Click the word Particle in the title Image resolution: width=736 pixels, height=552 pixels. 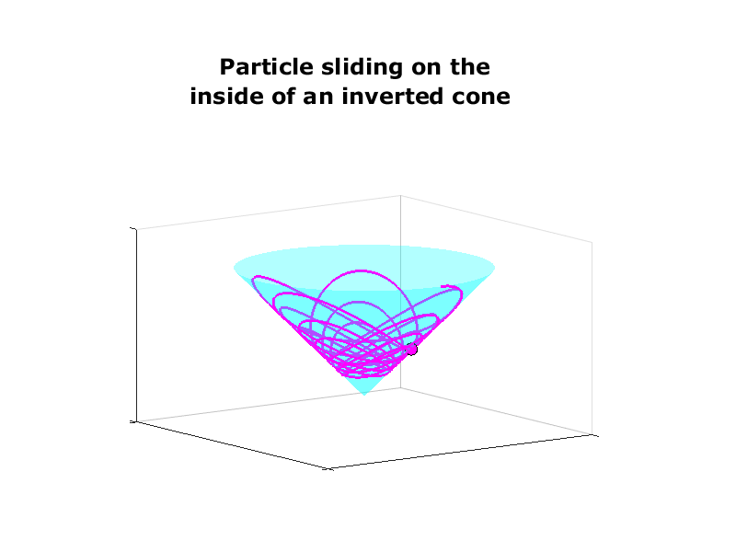266,67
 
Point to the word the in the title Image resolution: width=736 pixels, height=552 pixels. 470,67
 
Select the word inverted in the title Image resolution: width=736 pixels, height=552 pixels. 393,97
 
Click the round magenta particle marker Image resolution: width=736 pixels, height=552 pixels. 411,350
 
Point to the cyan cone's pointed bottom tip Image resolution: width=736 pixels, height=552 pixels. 364,395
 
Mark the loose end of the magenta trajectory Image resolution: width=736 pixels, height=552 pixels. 443,286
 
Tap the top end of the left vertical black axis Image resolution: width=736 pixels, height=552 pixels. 136,229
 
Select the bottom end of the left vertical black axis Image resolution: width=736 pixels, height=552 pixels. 136,421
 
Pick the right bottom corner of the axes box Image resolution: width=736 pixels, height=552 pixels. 592,434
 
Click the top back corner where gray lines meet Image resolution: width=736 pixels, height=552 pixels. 400,196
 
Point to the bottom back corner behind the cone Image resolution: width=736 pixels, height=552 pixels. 400,387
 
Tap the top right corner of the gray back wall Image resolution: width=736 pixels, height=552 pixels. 592,243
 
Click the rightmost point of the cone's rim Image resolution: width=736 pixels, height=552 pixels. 495,269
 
